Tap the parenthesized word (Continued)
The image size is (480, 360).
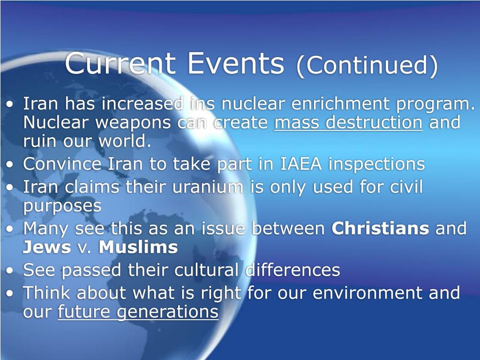[367, 66]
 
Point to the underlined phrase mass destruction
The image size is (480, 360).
[348, 123]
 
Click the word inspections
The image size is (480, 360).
[376, 165]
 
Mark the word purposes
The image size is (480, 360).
[62, 207]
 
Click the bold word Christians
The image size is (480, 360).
[380, 229]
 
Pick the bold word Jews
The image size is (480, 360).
[46, 247]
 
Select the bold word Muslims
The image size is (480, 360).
[138, 247]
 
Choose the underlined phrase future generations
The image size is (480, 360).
[138, 313]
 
